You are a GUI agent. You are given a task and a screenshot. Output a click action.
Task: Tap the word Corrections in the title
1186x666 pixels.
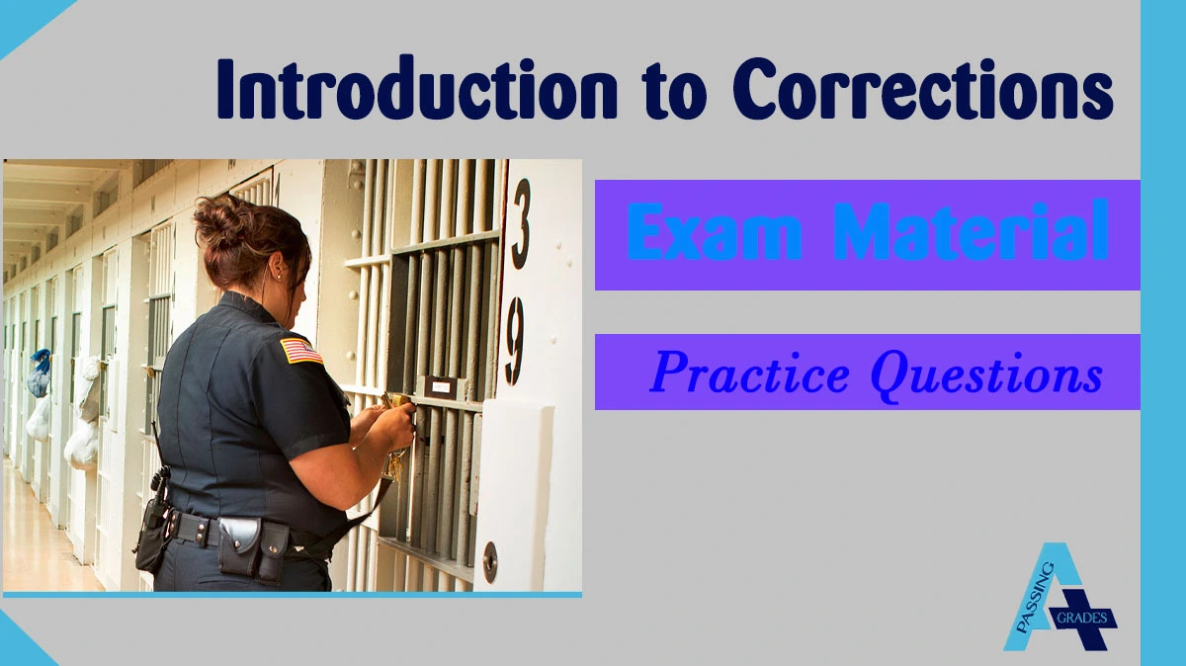pos(923,91)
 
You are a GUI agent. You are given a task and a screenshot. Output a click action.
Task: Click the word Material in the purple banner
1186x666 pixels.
pos(973,234)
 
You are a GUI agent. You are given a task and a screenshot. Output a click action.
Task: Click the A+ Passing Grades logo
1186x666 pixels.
pos(1058,598)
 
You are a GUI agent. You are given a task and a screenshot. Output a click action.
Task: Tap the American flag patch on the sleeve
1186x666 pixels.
pos(300,350)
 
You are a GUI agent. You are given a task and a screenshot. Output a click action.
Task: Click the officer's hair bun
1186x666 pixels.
pos(218,219)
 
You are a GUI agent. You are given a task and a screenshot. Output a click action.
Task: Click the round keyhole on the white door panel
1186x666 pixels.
pos(489,561)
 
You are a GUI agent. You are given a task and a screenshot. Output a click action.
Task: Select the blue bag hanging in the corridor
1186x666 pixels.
pos(40,372)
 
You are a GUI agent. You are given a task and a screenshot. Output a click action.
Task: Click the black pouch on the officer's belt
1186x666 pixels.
pos(242,544)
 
